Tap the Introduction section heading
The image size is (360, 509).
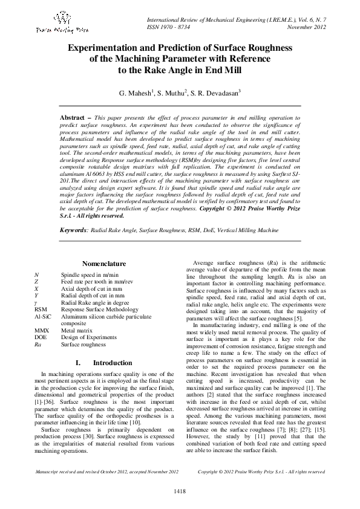click(x=113, y=363)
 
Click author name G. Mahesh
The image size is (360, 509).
click(x=136, y=94)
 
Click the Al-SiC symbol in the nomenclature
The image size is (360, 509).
click(x=43, y=316)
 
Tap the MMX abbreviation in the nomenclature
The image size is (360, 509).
click(x=42, y=331)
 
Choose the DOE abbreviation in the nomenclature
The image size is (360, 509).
click(x=41, y=337)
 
